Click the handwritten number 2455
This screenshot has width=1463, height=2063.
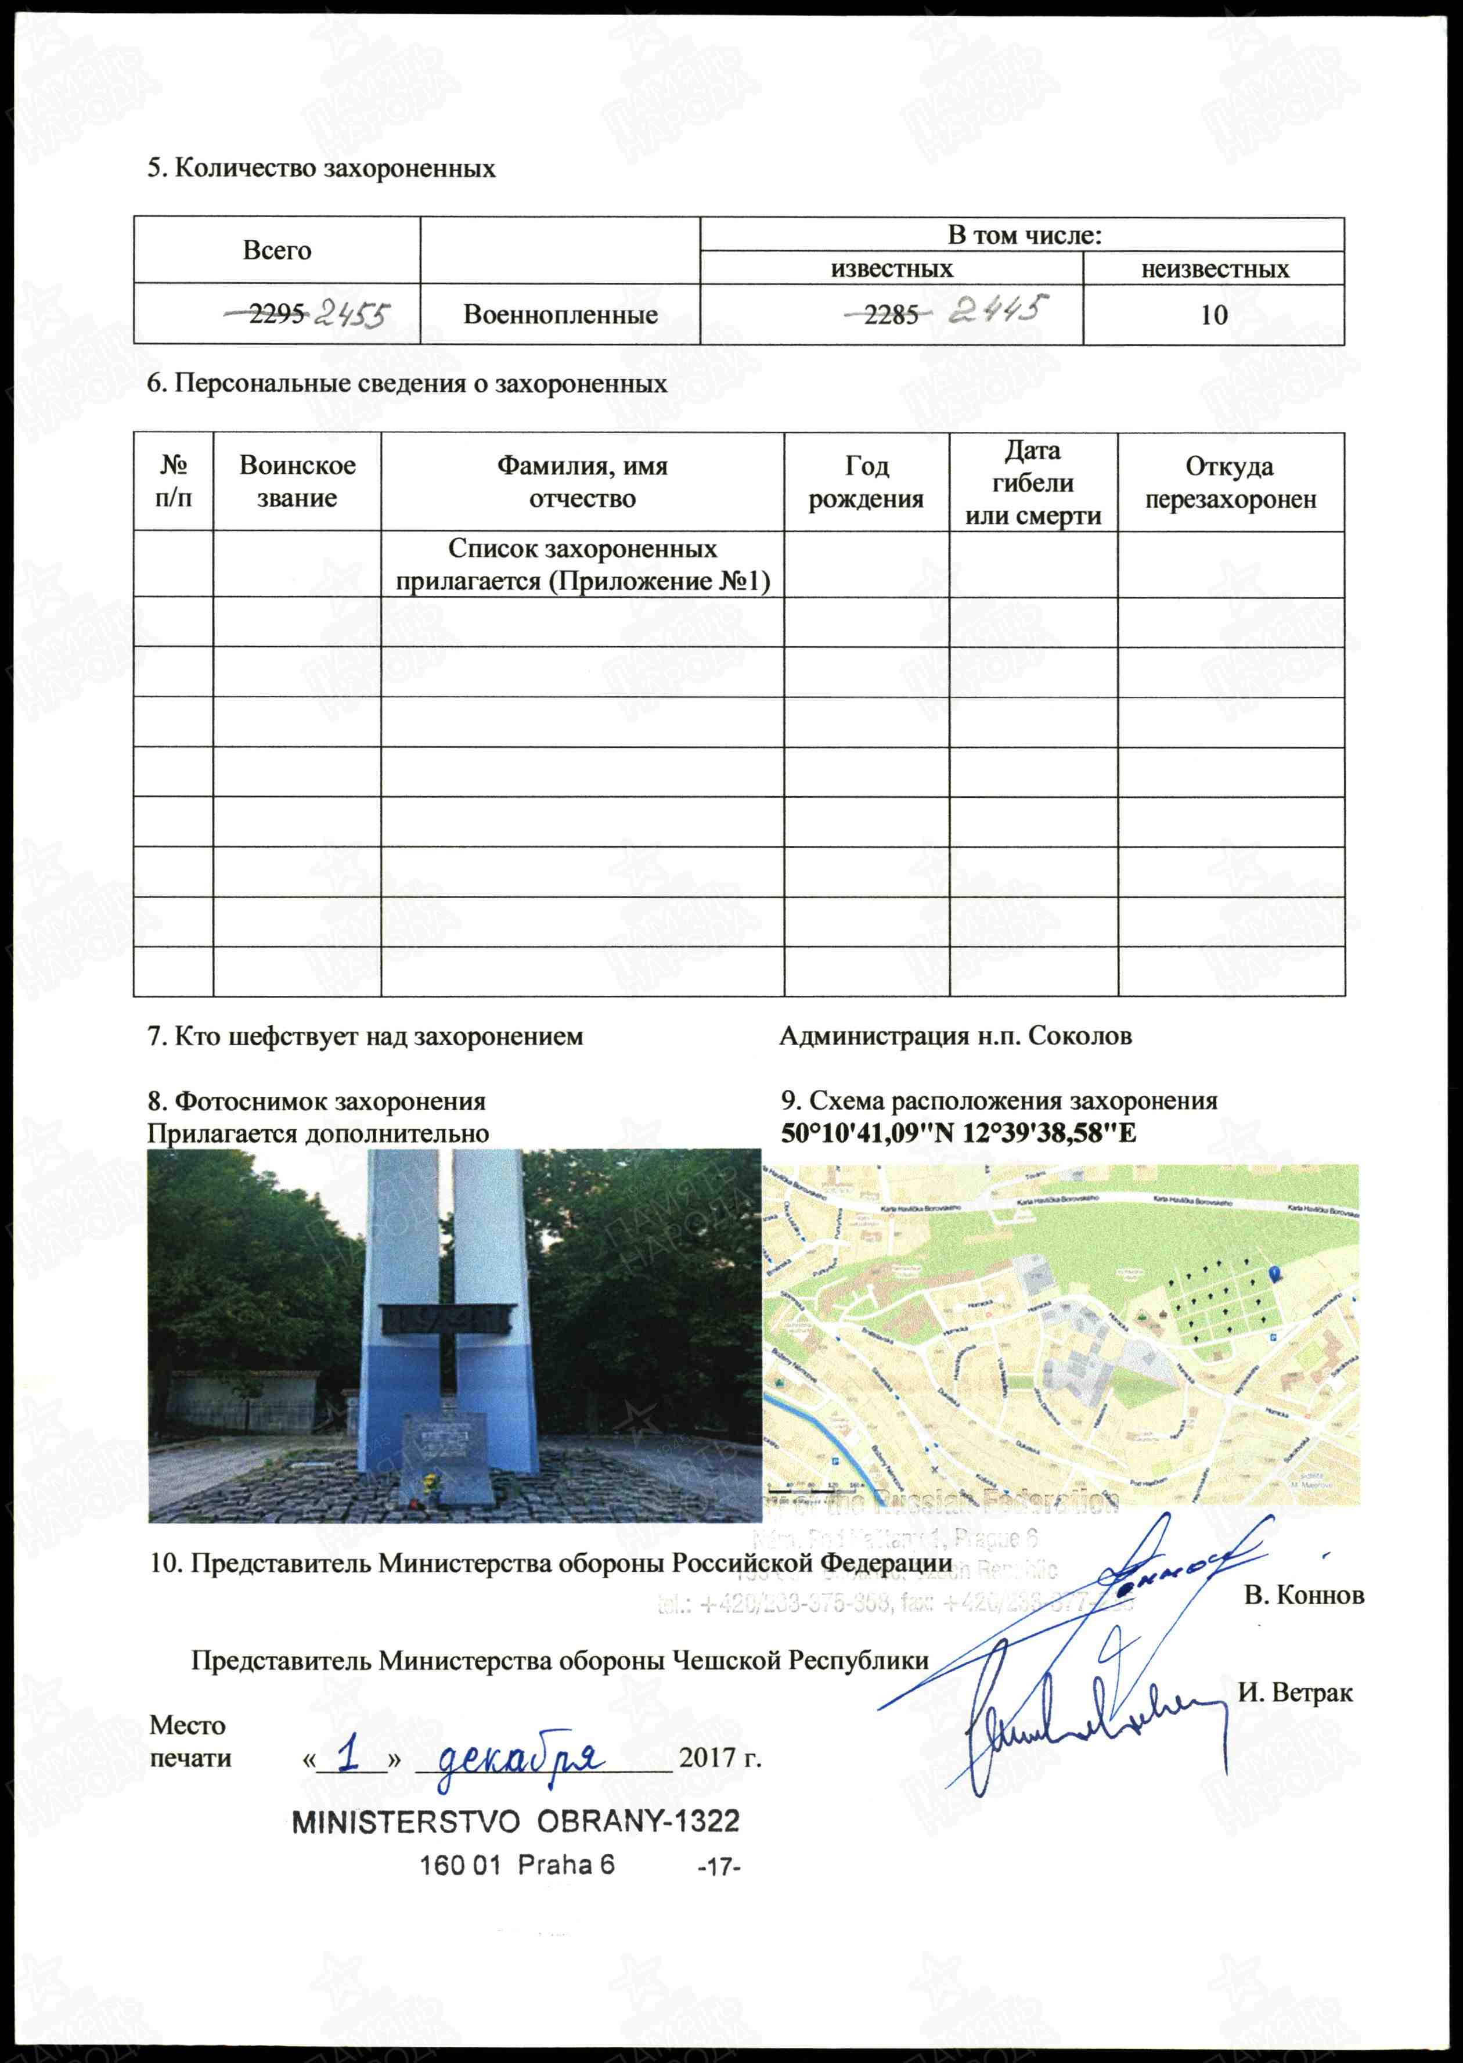pyautogui.click(x=351, y=314)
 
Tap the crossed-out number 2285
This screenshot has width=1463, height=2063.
pyautogui.click(x=891, y=314)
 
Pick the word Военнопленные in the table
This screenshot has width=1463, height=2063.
pyautogui.click(x=560, y=314)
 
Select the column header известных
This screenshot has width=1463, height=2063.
pyautogui.click(x=891, y=268)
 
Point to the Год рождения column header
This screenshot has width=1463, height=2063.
pyautogui.click(x=866, y=482)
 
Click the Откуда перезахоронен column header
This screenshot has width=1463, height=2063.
pyautogui.click(x=1231, y=482)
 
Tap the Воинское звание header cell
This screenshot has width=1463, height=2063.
pyautogui.click(x=297, y=482)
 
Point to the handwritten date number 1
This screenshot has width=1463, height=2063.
pyautogui.click(x=349, y=1754)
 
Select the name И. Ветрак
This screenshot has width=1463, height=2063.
pyautogui.click(x=1295, y=1693)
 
